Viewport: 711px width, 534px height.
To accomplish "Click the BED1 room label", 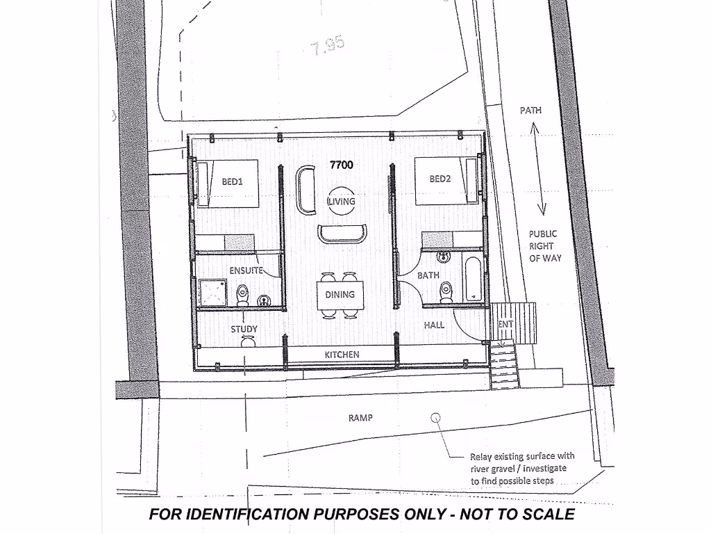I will pyautogui.click(x=231, y=181).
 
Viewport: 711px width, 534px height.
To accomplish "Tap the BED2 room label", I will pyautogui.click(x=440, y=179).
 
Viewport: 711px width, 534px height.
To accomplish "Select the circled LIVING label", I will pyautogui.click(x=342, y=202).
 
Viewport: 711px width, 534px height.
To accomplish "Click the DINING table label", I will pyautogui.click(x=340, y=295).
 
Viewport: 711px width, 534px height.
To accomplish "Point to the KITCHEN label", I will pyautogui.click(x=342, y=355).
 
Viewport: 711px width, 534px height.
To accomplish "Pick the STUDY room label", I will pyautogui.click(x=244, y=329).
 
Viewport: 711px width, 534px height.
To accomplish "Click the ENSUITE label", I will pyautogui.click(x=246, y=270).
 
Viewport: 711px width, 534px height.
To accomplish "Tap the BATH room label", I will pyautogui.click(x=428, y=275).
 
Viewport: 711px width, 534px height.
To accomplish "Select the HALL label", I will pyautogui.click(x=434, y=325).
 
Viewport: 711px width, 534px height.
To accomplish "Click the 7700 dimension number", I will pyautogui.click(x=342, y=165).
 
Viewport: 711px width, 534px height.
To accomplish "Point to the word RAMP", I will pyautogui.click(x=360, y=418).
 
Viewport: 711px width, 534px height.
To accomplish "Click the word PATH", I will pyautogui.click(x=530, y=111).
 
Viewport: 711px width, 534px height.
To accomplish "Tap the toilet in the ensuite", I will pyautogui.click(x=242, y=294).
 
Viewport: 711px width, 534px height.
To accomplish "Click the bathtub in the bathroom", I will pyautogui.click(x=474, y=280).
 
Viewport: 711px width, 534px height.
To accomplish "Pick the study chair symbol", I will pyautogui.click(x=247, y=341).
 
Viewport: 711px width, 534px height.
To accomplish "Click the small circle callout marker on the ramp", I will pyautogui.click(x=436, y=418).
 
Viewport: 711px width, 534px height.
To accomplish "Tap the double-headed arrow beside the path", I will pyautogui.click(x=538, y=169).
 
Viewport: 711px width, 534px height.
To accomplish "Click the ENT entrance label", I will pyautogui.click(x=505, y=325).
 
